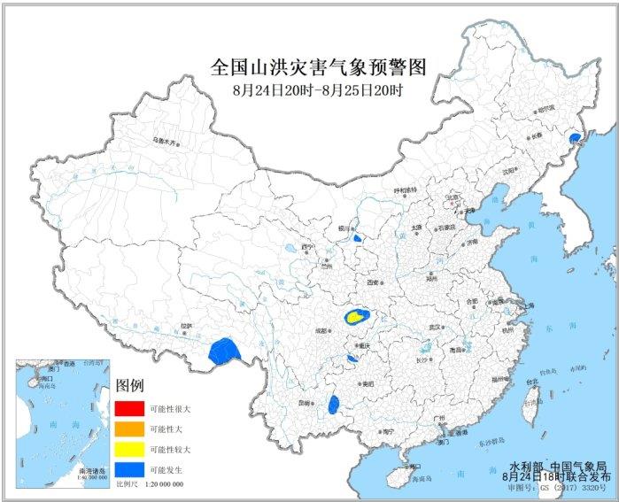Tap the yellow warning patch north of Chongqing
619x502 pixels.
[355, 316]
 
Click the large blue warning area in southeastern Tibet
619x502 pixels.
[225, 351]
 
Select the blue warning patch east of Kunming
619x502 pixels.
[334, 405]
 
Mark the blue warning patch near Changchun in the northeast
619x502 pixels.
[575, 139]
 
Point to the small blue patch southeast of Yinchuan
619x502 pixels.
[357, 238]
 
